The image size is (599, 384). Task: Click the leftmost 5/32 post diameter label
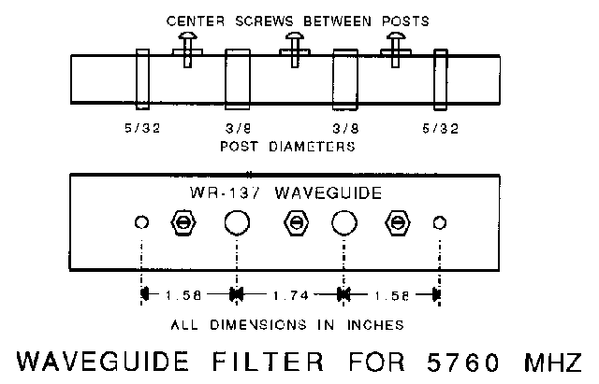(142, 128)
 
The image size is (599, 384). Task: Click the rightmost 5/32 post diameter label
(441, 129)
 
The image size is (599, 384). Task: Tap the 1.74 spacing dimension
(291, 295)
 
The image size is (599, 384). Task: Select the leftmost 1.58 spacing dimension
(183, 295)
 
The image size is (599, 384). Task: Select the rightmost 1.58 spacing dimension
(391, 296)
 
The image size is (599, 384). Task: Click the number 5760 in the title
(463, 362)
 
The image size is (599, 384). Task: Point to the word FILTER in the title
(268, 362)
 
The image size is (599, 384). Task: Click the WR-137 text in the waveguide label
(226, 192)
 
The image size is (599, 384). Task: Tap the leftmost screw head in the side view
(187, 36)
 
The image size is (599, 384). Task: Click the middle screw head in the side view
(295, 36)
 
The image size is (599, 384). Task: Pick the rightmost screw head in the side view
(396, 36)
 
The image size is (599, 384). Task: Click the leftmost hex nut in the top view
(183, 222)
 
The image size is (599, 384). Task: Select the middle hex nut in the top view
(296, 222)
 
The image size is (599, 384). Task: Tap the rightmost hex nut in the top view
(398, 222)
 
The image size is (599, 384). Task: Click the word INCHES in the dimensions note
(375, 325)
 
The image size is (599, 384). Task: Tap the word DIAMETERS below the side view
(312, 147)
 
